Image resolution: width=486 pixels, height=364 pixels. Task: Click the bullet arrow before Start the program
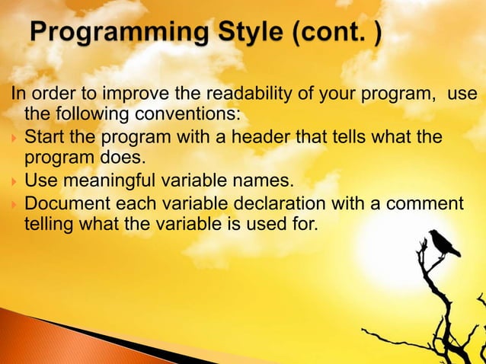[14, 139]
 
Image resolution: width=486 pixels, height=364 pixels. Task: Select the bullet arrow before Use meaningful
[14, 183]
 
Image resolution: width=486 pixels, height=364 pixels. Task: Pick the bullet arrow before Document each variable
[14, 205]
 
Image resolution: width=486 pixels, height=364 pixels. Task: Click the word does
[111, 160]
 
